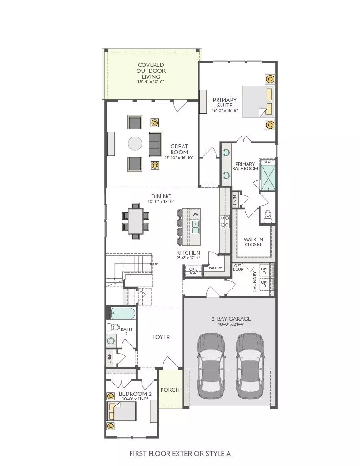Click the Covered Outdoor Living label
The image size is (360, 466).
pyautogui.click(x=151, y=71)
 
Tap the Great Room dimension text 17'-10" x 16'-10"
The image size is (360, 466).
pyautogui.click(x=179, y=157)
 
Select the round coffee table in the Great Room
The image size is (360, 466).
pyautogui.click(x=135, y=144)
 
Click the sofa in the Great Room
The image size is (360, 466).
pyautogui.click(x=155, y=144)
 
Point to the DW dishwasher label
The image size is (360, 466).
pyautogui.click(x=195, y=214)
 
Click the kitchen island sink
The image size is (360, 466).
pyautogui.click(x=195, y=228)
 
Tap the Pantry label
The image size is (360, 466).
pyautogui.click(x=215, y=268)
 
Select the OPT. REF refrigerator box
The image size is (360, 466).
pyautogui.click(x=193, y=271)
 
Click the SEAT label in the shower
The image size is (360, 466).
pyautogui.click(x=268, y=162)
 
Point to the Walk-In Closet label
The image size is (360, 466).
pyautogui.click(x=254, y=242)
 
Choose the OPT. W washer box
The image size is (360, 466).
pyautogui.click(x=264, y=270)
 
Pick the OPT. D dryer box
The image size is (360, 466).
pyautogui.click(x=264, y=284)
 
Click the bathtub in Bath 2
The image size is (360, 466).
pyautogui.click(x=123, y=313)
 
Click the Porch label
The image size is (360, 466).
pyautogui.click(x=170, y=390)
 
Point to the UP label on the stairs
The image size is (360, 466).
pyautogui.click(x=156, y=264)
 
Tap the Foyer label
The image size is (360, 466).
pyautogui.click(x=161, y=337)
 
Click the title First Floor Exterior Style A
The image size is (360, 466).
pyautogui.click(x=180, y=454)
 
